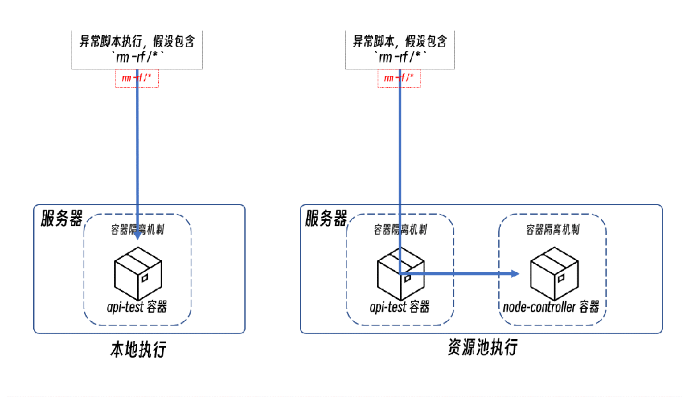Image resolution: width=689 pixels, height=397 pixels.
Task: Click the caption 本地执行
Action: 138,350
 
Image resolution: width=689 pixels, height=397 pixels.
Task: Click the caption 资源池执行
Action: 482,348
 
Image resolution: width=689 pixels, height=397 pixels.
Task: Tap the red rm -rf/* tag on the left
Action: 137,78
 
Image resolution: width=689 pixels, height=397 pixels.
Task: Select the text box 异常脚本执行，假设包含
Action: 137,49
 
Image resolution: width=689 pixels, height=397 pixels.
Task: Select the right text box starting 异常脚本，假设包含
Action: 400,49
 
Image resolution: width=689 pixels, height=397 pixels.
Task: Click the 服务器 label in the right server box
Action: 326,219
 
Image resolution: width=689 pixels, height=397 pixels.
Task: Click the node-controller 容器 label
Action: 551,307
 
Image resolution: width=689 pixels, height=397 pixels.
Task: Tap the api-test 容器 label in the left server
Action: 137,307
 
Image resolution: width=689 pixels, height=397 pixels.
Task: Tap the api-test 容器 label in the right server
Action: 400,307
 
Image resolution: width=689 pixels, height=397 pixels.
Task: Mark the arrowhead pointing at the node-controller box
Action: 514,274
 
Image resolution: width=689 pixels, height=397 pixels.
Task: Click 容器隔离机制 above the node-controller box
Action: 552,229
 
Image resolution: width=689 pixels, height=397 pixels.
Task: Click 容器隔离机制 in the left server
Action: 137,229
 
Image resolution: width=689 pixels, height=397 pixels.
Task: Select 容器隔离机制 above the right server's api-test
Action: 400,229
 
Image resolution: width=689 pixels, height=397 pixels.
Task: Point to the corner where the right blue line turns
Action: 400,274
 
